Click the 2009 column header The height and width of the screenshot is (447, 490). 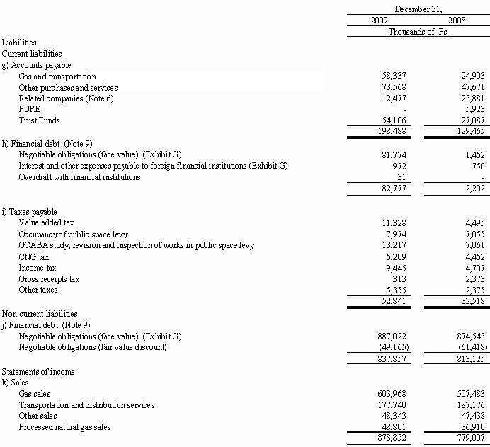[x=380, y=20]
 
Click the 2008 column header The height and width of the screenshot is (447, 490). [x=466, y=20]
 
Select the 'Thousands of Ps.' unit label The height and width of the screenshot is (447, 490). [x=418, y=31]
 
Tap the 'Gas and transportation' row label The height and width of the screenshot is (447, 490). [x=57, y=77]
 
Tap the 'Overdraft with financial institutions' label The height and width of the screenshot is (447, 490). [x=79, y=176]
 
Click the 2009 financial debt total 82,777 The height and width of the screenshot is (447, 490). [x=392, y=188]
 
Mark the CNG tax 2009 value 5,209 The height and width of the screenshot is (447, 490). [x=394, y=256]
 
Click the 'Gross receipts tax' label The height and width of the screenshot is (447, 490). [x=49, y=278]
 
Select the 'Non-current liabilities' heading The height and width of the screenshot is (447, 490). [x=39, y=313]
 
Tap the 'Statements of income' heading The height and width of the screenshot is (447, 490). [x=38, y=371]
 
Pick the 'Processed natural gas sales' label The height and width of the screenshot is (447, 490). [x=64, y=427]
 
